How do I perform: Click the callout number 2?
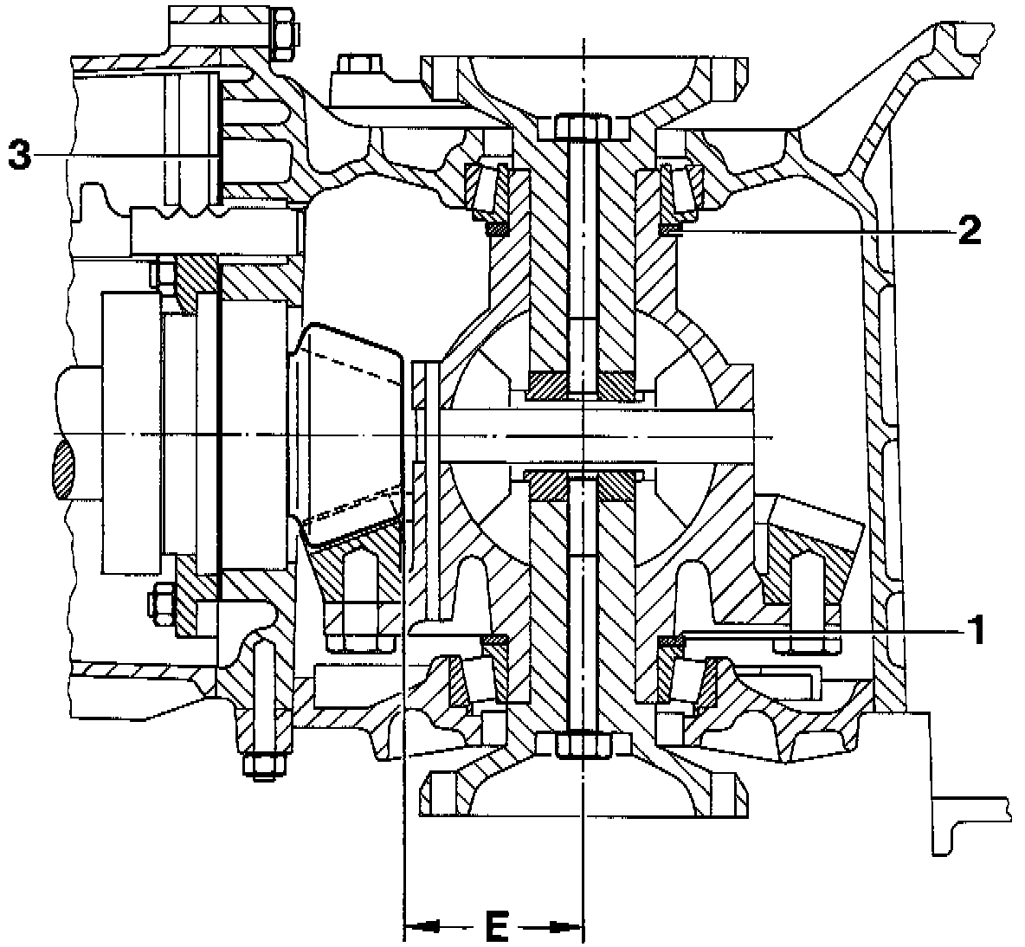pos(968,229)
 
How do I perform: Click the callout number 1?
pos(976,630)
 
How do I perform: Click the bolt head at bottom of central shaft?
pos(583,744)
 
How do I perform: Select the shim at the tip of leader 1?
pos(671,641)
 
